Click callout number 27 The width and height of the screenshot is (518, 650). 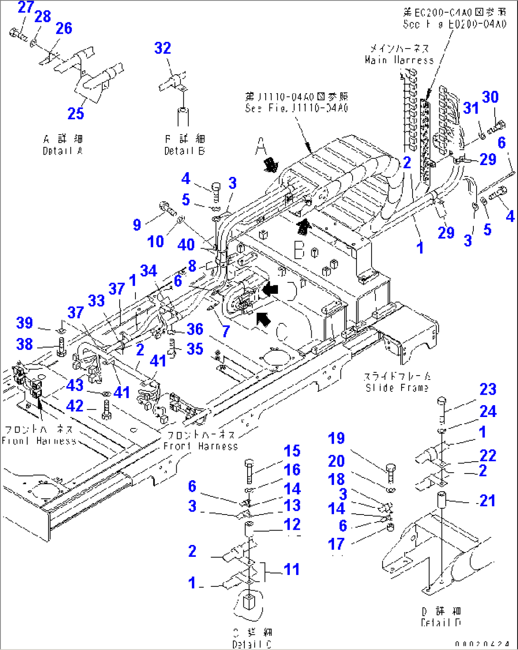pos(26,7)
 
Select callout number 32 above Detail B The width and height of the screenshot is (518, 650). pos(163,48)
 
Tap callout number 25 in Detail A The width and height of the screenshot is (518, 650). pos(76,113)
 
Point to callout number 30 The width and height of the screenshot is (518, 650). pos(490,97)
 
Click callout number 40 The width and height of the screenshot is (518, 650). pos(186,244)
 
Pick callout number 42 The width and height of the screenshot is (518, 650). pos(75,406)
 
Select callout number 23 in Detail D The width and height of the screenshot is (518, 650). pos(488,389)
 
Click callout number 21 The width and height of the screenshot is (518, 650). pos(488,500)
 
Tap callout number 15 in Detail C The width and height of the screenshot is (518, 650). pos(292,451)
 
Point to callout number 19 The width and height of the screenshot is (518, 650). pos(336,438)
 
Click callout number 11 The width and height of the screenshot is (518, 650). pos(292,569)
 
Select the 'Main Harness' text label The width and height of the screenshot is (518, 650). pos(399,60)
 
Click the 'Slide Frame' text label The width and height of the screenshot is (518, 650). pos(397,388)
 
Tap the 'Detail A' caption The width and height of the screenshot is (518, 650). pos(62,151)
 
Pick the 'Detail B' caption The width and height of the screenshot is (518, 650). pos(184,151)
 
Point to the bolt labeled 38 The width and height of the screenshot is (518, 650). pos(62,348)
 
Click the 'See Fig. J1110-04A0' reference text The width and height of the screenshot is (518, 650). pos(297,108)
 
